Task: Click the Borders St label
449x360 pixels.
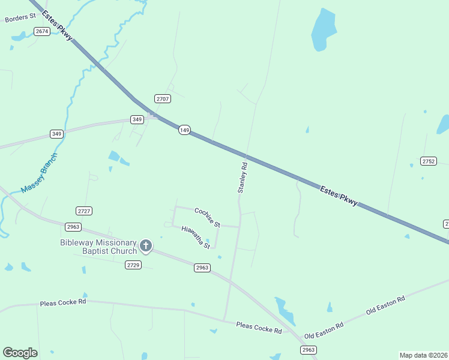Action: (20, 19)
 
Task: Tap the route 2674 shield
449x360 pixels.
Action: (42, 31)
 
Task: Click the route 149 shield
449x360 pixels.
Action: (184, 130)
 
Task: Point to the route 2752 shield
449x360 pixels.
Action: (429, 161)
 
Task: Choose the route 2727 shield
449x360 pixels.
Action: (84, 211)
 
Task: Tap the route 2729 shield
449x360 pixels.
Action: (133, 265)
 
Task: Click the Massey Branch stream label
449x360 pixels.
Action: (39, 173)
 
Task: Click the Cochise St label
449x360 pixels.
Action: (207, 217)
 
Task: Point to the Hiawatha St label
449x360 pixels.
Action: (196, 237)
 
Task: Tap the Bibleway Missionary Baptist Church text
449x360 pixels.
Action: (98, 247)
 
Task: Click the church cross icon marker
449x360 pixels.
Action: (146, 245)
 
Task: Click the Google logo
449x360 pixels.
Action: (20, 353)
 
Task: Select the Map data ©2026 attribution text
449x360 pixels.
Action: (423, 355)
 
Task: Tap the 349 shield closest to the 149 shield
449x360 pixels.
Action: (137, 120)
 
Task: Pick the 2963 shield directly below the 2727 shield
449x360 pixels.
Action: (73, 226)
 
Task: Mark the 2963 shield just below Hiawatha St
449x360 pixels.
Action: (202, 268)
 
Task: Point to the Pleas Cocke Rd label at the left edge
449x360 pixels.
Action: (63, 302)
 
